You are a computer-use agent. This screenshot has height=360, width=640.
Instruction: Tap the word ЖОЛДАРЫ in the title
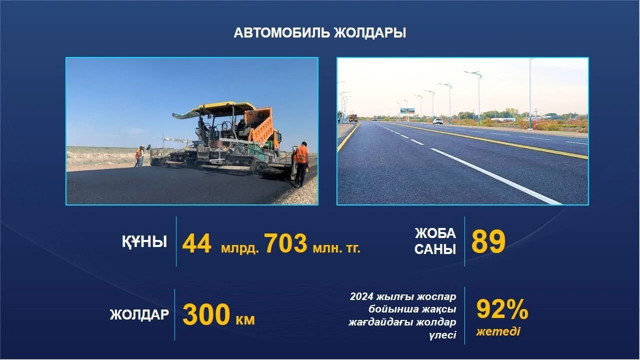click(x=370, y=33)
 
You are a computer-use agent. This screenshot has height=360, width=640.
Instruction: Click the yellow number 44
click(x=197, y=243)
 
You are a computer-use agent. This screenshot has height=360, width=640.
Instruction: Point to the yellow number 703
click(x=285, y=243)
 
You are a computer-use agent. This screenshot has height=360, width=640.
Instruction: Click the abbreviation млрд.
click(x=240, y=248)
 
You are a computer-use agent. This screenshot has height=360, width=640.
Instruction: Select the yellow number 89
click(x=488, y=241)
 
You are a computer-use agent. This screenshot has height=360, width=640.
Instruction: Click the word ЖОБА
click(x=435, y=233)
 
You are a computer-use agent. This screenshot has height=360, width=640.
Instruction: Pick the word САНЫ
click(x=435, y=249)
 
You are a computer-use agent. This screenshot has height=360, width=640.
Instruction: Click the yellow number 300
click(x=206, y=314)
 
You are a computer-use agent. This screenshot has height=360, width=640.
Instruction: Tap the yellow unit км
click(x=245, y=319)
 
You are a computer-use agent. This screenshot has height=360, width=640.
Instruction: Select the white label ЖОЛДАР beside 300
click(x=139, y=314)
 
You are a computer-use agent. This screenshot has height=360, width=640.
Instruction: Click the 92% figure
click(x=502, y=309)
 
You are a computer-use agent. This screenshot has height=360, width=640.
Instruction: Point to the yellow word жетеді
click(x=498, y=331)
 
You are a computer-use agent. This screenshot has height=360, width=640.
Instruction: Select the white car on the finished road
click(x=437, y=121)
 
